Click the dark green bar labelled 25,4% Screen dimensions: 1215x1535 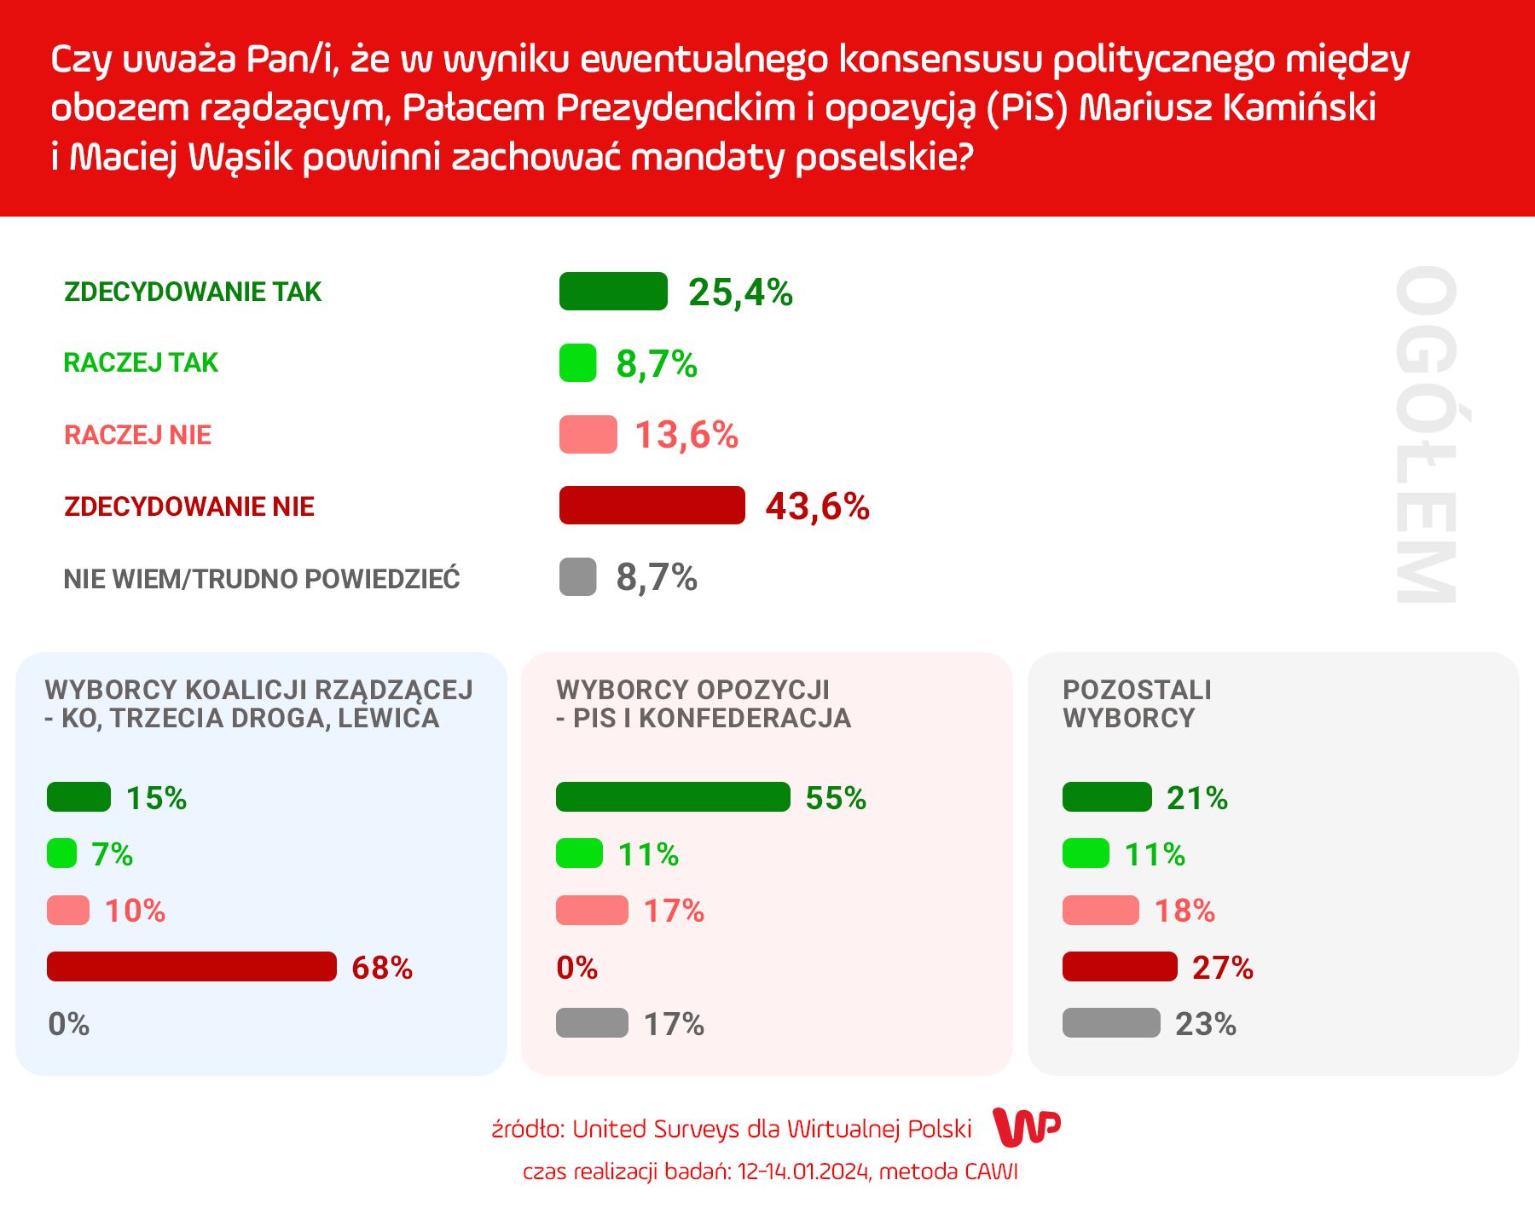[x=613, y=292]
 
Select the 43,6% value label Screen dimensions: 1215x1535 [x=817, y=506]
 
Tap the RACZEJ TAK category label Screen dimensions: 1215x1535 [x=141, y=363]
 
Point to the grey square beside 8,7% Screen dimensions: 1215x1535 [x=577, y=577]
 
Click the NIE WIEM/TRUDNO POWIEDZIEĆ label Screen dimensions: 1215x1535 [x=262, y=579]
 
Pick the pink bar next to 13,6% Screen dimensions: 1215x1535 [x=588, y=435]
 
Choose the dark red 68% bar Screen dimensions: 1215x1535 [x=192, y=967]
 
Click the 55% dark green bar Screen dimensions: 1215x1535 [x=673, y=797]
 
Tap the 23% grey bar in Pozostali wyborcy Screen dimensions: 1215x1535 [x=1111, y=1023]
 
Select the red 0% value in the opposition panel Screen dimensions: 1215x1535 [x=577, y=968]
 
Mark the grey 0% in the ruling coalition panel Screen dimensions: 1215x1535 [x=69, y=1024]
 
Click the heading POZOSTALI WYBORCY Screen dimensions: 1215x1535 [x=1137, y=703]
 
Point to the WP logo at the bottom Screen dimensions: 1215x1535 [x=1028, y=1128]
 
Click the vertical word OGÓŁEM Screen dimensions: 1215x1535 [x=1425, y=435]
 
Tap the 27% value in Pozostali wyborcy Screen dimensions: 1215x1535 [x=1222, y=968]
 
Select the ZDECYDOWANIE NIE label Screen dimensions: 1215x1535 [x=189, y=506]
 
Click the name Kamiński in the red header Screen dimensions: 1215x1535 [x=1300, y=108]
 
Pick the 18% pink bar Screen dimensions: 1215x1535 [x=1100, y=911]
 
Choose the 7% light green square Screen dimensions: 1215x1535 [x=61, y=853]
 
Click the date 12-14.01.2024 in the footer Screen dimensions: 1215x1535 [x=804, y=1172]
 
